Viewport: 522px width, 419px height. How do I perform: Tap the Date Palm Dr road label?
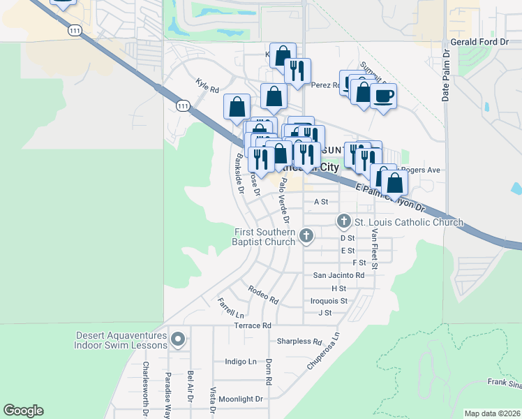click(446, 75)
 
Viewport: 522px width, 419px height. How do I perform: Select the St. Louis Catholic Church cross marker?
click(343, 221)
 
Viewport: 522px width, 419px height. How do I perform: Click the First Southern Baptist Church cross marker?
click(306, 237)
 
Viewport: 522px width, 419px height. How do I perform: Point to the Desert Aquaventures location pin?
click(178, 340)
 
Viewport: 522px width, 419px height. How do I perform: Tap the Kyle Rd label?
click(207, 90)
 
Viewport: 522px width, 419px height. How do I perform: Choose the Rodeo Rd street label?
click(263, 294)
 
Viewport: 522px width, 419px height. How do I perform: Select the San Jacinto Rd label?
click(338, 275)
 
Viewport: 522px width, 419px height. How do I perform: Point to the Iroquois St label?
click(329, 301)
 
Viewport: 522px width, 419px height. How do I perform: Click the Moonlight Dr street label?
click(240, 399)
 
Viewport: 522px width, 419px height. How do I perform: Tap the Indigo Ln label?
click(241, 362)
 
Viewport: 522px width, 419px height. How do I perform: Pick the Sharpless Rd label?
click(298, 341)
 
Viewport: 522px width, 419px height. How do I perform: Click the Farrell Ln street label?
click(230, 307)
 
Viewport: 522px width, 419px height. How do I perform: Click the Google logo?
click(23, 411)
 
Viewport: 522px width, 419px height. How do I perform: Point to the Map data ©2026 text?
click(492, 413)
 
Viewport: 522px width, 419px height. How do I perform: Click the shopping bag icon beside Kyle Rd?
click(237, 107)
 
